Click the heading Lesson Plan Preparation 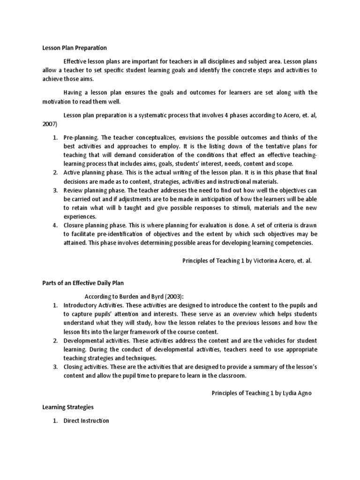75,48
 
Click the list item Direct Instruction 86,420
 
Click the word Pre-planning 81,137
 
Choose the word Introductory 81,305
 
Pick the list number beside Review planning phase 55,190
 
